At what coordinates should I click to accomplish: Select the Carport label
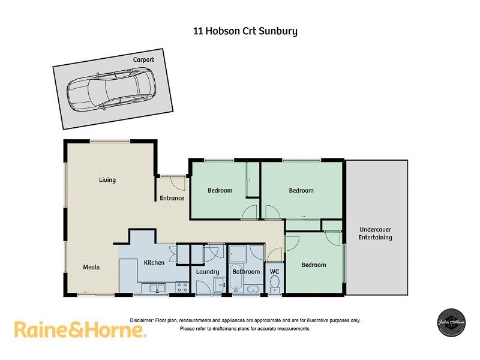(x=143, y=60)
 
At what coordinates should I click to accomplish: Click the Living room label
(x=107, y=180)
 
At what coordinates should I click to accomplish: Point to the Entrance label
(x=172, y=198)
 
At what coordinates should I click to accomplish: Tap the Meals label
(x=91, y=267)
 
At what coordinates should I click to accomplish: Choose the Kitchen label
(x=154, y=262)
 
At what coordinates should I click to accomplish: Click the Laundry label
(x=208, y=272)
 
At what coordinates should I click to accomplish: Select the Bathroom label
(x=246, y=272)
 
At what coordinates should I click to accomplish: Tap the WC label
(x=274, y=272)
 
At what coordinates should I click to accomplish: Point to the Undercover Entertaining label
(x=376, y=233)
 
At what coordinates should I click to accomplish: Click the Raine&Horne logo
(x=80, y=329)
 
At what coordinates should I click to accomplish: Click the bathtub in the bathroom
(x=235, y=278)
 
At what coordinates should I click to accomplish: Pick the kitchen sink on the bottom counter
(x=157, y=288)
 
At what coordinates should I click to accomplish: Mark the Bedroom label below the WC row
(x=314, y=265)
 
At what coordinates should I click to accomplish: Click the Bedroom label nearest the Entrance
(x=220, y=191)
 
